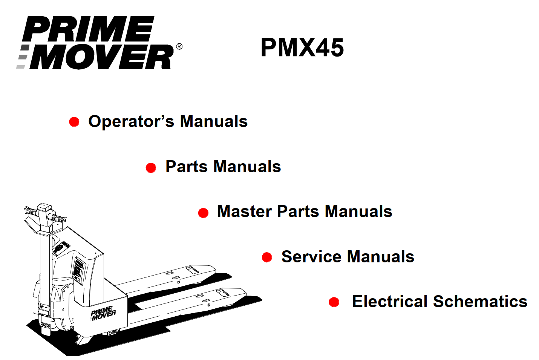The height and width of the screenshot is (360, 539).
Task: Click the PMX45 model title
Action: [302, 48]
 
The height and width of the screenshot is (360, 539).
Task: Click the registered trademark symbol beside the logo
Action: [179, 47]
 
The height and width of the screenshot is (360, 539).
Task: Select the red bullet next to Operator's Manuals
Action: [74, 122]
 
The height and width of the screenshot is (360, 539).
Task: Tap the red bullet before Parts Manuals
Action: [151, 168]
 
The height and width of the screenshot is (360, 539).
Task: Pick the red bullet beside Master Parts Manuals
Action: [203, 213]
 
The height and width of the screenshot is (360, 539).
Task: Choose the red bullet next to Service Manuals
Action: [267, 257]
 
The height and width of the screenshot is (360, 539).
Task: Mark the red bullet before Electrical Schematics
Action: [334, 302]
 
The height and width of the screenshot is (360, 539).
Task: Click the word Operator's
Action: [131, 122]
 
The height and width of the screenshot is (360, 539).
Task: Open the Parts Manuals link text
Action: [223, 167]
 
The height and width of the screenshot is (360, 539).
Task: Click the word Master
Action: [244, 211]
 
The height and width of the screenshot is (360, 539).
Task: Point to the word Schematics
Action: [480, 302]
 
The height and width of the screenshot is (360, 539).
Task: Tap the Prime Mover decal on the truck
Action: [103, 313]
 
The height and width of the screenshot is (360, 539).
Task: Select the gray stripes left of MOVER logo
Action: [23, 57]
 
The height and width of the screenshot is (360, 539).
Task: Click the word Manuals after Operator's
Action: [214, 122]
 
